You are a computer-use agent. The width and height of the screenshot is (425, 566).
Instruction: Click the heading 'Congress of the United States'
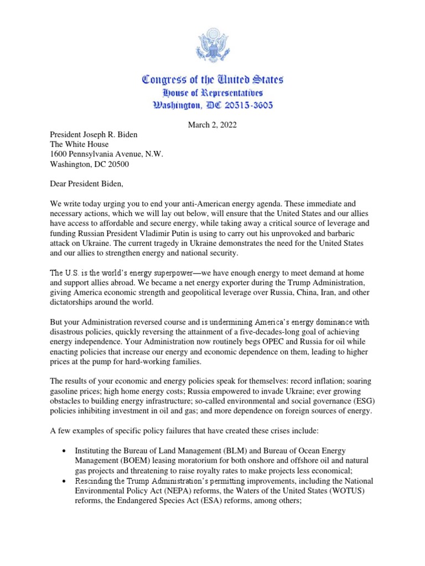[212, 80]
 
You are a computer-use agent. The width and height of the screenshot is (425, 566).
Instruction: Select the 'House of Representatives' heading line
[212, 93]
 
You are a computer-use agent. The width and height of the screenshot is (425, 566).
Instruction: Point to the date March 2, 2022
[212, 125]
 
